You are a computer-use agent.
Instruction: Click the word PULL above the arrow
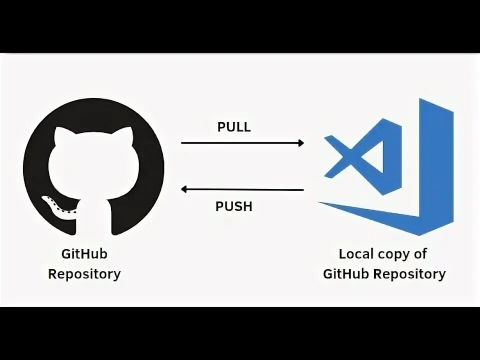tap(234, 127)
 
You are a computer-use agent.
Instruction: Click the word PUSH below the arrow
tap(234, 206)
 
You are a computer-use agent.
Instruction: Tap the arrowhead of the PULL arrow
tap(300, 143)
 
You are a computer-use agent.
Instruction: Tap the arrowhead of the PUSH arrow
tap(184, 189)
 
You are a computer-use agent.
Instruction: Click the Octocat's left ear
tap(61, 136)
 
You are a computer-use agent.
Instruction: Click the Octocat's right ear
tap(125, 136)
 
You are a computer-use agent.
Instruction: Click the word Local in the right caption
tap(356, 254)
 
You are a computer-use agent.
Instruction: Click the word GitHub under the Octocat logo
tap(84, 254)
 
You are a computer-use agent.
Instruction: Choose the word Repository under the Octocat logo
tap(84, 274)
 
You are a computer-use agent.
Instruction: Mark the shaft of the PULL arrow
tap(240, 143)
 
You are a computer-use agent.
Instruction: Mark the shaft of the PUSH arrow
tap(245, 189)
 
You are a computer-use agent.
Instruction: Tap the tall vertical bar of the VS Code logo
tap(434, 160)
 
